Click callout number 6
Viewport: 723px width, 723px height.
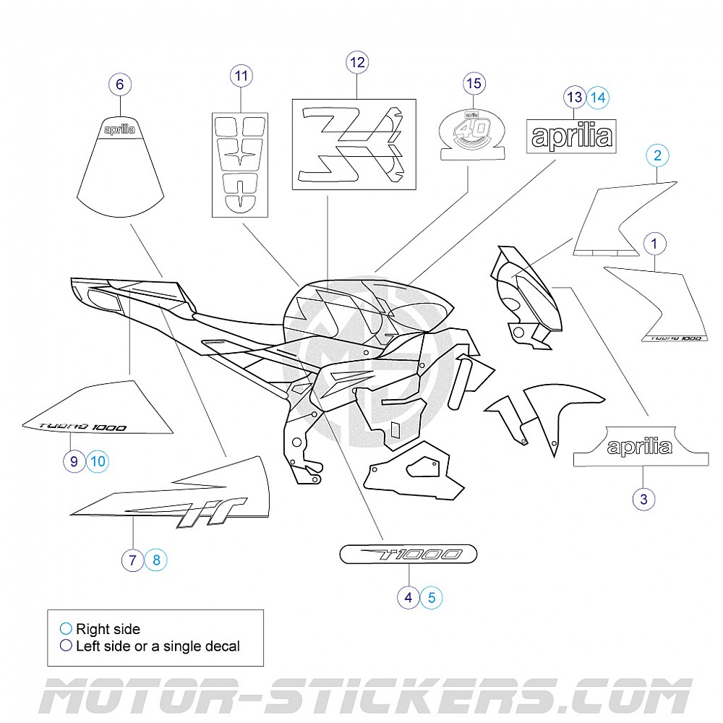point(119,85)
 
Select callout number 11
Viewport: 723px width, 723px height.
point(241,75)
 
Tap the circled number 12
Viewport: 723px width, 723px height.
point(357,62)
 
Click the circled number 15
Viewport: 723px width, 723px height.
point(474,84)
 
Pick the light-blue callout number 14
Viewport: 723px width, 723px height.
point(597,96)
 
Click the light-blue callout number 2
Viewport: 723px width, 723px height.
point(657,155)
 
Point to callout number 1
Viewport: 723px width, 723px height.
point(654,244)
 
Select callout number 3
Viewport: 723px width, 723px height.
point(643,497)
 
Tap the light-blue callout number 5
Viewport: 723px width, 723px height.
point(432,597)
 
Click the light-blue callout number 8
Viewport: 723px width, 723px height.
point(156,559)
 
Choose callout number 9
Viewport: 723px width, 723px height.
point(74,460)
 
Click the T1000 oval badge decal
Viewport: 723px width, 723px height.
point(408,555)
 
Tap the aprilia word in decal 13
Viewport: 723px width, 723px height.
point(571,136)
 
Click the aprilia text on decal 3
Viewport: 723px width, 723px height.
point(639,447)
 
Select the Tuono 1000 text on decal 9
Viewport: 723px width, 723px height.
point(81,427)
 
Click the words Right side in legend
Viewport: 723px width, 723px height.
point(108,629)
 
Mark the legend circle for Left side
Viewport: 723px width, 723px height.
point(66,646)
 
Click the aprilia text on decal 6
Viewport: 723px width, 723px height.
point(119,129)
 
